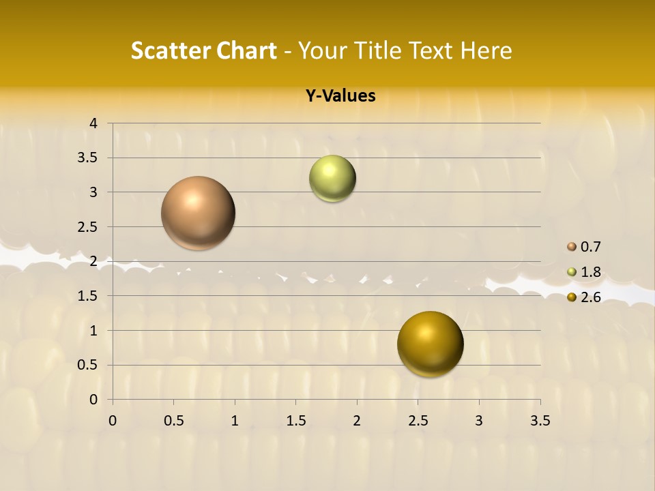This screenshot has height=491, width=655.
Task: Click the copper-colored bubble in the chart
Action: [199, 213]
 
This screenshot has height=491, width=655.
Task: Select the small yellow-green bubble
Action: [332, 179]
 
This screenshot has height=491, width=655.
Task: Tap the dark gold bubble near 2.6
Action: [430, 344]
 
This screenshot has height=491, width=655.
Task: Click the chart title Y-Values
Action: [340, 96]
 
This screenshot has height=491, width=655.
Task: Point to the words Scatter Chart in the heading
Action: [203, 50]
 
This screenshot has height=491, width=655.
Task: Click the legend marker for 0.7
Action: [572, 247]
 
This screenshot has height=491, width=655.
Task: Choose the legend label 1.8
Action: [591, 272]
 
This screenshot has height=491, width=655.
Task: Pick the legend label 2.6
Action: [591, 297]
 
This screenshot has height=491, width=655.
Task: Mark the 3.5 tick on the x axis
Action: [540, 421]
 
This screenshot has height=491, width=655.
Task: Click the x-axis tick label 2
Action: [357, 421]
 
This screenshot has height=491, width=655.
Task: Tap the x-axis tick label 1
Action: [235, 421]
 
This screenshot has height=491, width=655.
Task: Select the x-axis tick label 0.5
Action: [173, 421]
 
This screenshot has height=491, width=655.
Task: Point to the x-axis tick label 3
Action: [479, 421]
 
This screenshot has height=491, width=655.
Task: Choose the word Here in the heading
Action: [486, 50]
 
